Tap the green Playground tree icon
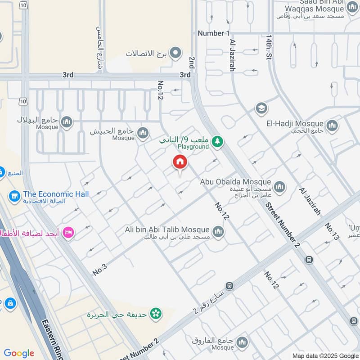[x=218, y=142]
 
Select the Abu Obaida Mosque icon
[x=279, y=187]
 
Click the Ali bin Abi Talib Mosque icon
[x=218, y=232]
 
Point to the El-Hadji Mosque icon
[x=332, y=126]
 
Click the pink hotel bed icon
[x=68, y=233]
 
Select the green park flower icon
[x=156, y=313]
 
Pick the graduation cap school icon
[x=261, y=108]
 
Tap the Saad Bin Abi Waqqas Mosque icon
[x=353, y=7]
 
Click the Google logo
[x=19, y=353]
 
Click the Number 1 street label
[x=214, y=33]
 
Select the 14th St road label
[x=269, y=48]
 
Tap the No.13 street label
[x=332, y=232]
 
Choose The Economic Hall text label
[x=56, y=194]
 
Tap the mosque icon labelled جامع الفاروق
[x=242, y=342]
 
